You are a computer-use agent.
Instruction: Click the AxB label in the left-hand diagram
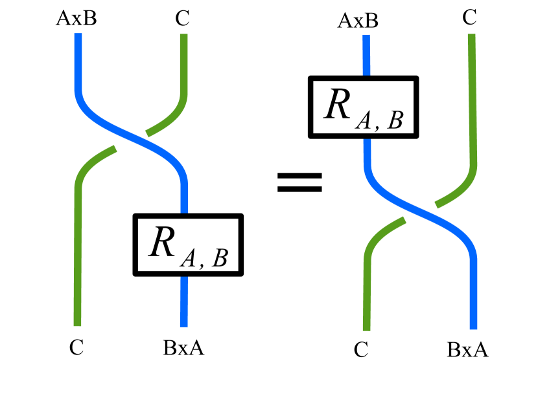pyautogui.click(x=77, y=17)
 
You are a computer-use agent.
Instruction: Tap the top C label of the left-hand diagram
pyautogui.click(x=182, y=18)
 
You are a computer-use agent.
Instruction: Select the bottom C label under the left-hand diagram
pyautogui.click(x=76, y=348)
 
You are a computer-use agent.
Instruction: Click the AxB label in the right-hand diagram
pyautogui.click(x=358, y=21)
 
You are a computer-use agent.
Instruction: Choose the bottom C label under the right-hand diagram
pyautogui.click(x=361, y=351)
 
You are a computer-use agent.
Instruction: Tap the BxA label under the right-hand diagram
pyautogui.click(x=467, y=351)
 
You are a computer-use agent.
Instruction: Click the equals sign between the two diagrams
pyautogui.click(x=299, y=182)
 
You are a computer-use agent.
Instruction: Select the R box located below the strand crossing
pyautogui.click(x=188, y=245)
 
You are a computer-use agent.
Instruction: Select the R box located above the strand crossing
pyautogui.click(x=363, y=107)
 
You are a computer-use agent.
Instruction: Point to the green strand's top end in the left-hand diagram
pyautogui.click(x=184, y=37)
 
